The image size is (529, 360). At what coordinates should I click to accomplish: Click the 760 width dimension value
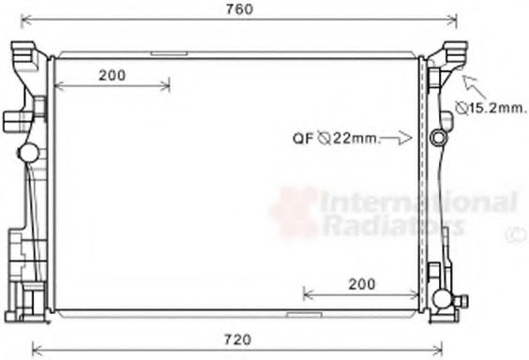pyautogui.click(x=238, y=9)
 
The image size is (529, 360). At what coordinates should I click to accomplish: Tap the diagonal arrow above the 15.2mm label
pyautogui.click(x=475, y=86)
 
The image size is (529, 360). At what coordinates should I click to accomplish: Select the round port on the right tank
pyautogui.click(x=439, y=139)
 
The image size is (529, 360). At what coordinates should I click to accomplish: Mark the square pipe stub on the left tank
pyautogui.click(x=13, y=120)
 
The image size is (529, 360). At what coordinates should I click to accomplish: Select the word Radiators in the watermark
pyautogui.click(x=394, y=224)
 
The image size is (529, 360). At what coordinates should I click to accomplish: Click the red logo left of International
pyautogui.click(x=295, y=211)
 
